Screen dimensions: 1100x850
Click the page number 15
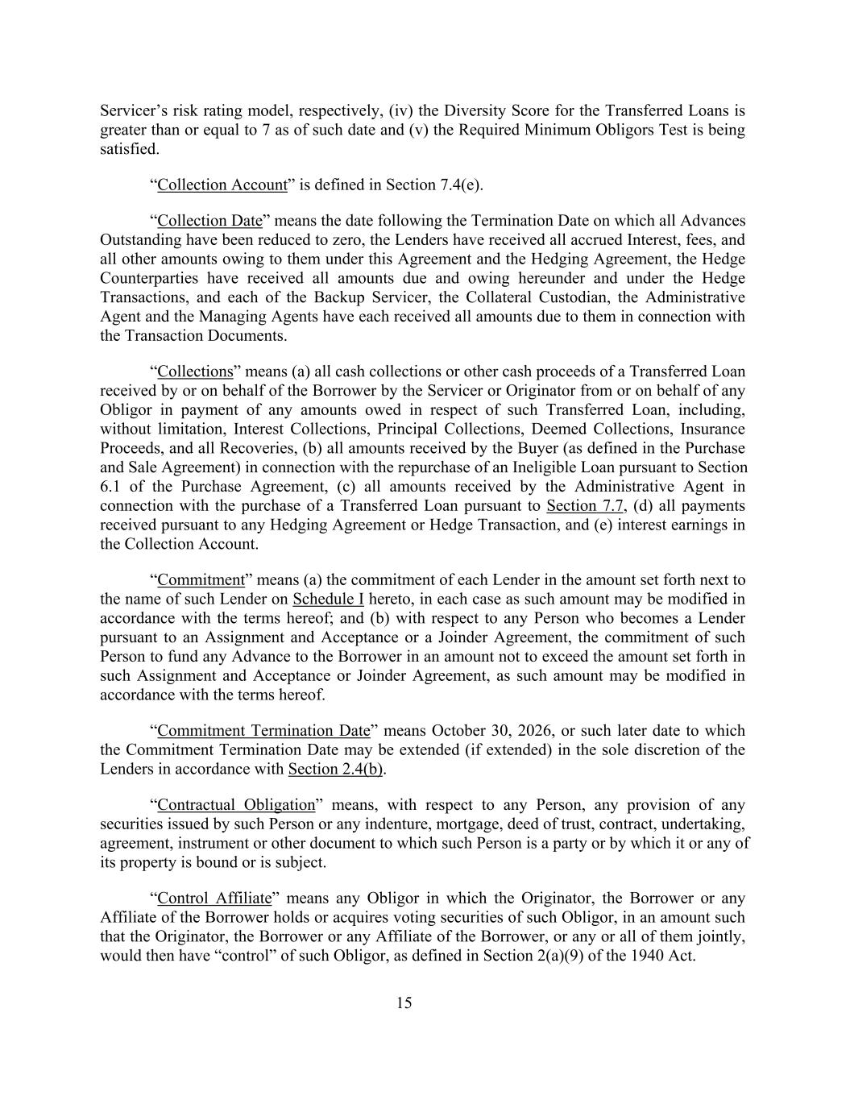click(404, 1002)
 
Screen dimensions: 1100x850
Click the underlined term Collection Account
click(222, 185)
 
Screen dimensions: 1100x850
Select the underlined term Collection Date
click(209, 221)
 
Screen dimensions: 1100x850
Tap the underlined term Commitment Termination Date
click(263, 731)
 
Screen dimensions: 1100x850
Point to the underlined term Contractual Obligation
click(236, 805)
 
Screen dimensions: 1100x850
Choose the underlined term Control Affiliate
click(214, 899)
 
